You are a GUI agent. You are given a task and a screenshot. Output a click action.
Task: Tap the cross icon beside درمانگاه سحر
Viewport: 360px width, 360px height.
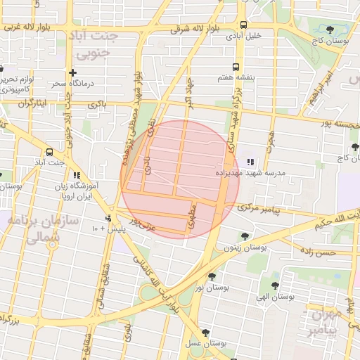72,72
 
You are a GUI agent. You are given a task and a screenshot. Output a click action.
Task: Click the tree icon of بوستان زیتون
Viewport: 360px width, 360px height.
244,236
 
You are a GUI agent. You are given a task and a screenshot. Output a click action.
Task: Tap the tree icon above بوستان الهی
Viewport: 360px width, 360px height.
276,285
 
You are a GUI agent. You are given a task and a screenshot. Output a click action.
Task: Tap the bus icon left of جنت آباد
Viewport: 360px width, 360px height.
49,152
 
